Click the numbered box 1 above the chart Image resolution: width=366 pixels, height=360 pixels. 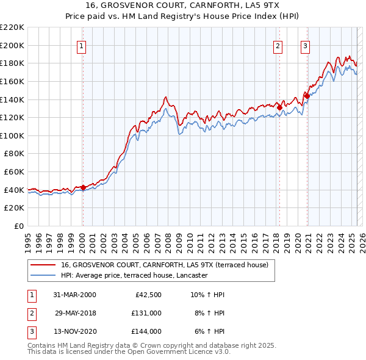82,45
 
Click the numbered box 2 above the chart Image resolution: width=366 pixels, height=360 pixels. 278,45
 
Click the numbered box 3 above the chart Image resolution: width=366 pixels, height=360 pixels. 304,45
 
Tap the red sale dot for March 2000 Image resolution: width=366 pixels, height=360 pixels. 83,188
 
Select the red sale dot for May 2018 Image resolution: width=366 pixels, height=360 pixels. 279,107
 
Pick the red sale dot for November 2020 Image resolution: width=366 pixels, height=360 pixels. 307,96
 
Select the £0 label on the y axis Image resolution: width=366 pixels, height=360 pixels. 20,226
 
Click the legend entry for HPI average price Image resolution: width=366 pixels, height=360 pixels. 134,275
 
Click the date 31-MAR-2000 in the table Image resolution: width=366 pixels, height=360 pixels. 75,295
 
